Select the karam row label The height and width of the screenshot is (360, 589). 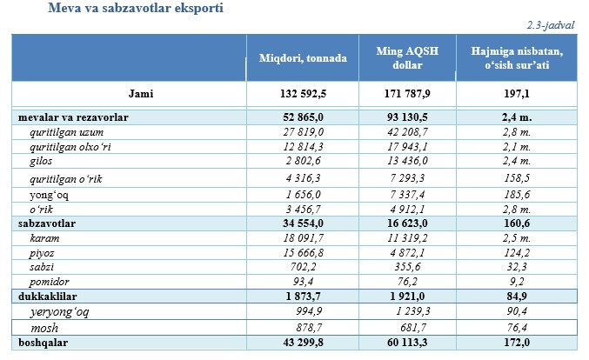pos(44,237)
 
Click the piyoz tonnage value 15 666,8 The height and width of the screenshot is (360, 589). pos(311,252)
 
